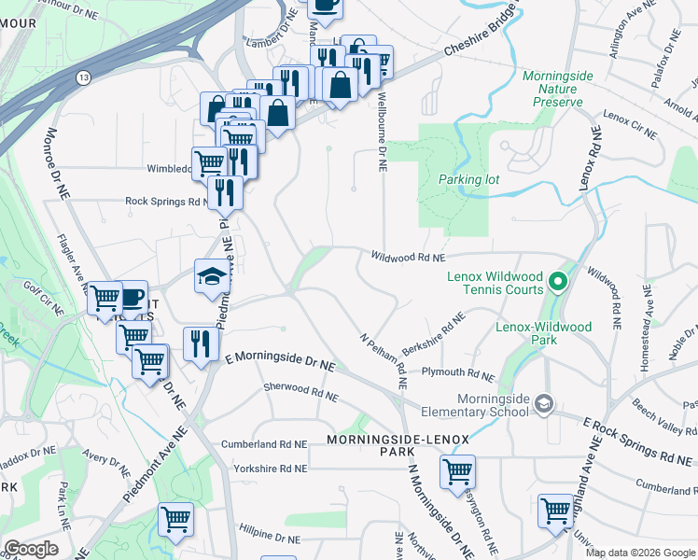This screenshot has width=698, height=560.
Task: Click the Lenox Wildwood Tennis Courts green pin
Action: click(557, 280)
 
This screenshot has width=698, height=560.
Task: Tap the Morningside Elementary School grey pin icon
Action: click(544, 404)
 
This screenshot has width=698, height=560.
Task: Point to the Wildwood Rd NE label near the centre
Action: click(408, 256)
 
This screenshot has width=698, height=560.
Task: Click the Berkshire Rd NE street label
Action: click(434, 337)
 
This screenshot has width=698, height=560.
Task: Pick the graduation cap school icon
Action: click(211, 276)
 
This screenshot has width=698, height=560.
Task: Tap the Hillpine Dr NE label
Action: click(269, 538)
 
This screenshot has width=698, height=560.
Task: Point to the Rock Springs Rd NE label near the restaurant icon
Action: click(164, 201)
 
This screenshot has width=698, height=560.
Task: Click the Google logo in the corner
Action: click(31, 549)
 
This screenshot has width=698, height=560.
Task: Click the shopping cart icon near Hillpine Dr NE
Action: click(175, 522)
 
